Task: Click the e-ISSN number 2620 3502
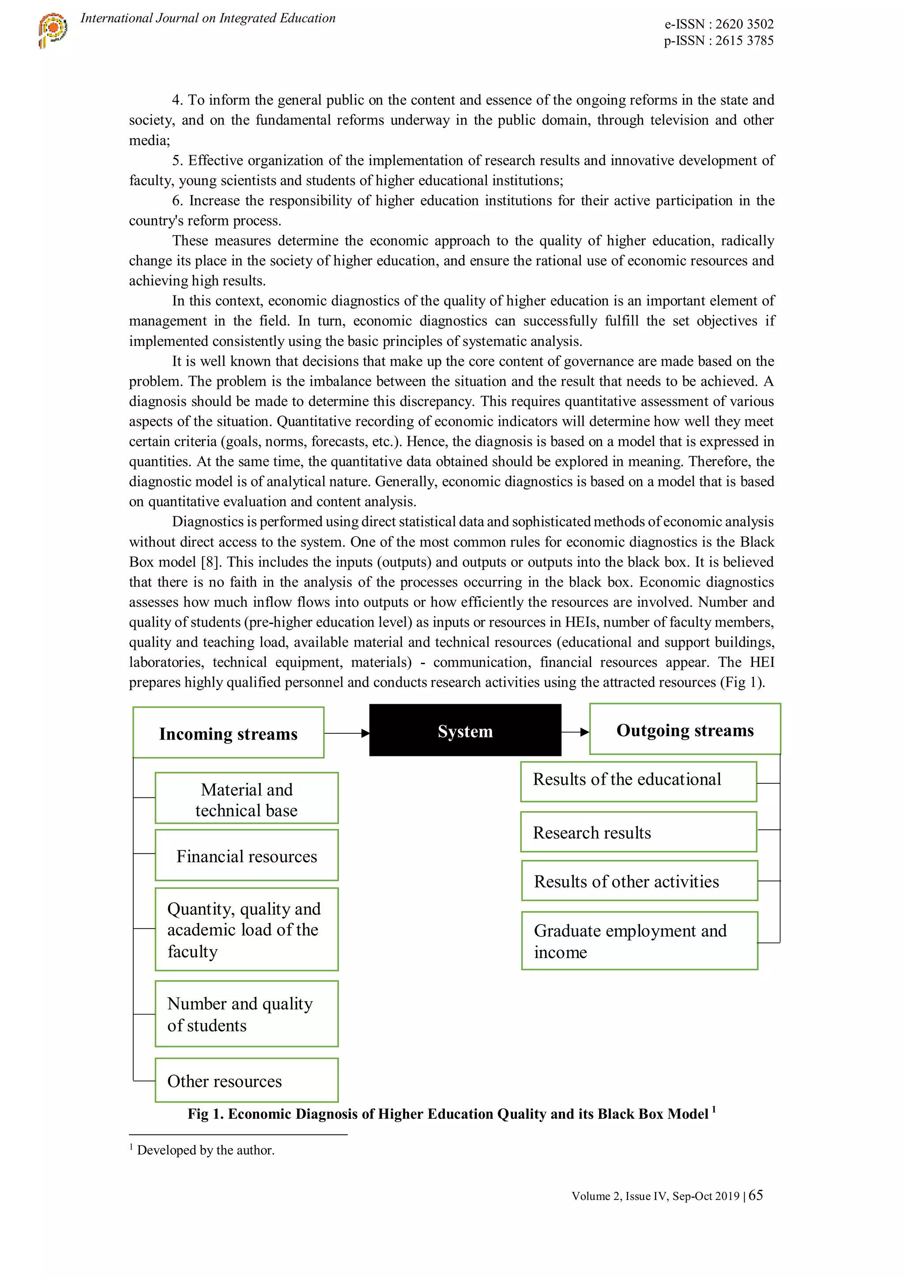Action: tap(744, 24)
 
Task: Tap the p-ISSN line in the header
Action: tap(718, 41)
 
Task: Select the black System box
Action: tap(465, 730)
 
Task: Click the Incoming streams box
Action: tap(228, 733)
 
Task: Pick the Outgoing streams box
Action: tap(685, 729)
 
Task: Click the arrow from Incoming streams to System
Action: tap(346, 733)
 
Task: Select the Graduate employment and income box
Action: tap(639, 941)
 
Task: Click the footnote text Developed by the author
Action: tap(205, 1150)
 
